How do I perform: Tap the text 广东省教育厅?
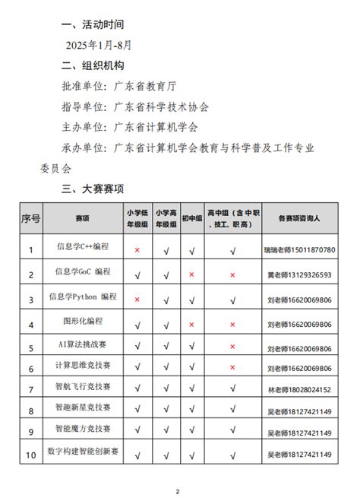[x=148, y=87]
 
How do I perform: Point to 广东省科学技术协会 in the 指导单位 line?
[x=161, y=107]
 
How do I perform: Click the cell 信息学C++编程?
[x=84, y=247]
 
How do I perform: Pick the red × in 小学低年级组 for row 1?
[x=137, y=249]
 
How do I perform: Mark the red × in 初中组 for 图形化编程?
[x=191, y=324]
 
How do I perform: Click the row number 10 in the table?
[x=30, y=455]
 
